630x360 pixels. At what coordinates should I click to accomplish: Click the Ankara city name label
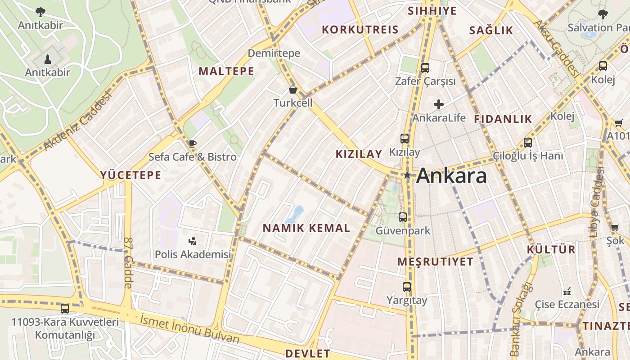click(x=451, y=175)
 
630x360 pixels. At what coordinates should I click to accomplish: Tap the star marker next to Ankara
click(x=407, y=175)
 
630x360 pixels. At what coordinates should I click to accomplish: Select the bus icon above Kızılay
click(x=405, y=139)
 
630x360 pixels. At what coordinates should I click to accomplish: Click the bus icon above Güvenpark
click(x=403, y=217)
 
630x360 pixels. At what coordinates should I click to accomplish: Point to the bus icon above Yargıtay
click(x=407, y=287)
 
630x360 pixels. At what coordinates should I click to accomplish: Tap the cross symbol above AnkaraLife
click(x=439, y=105)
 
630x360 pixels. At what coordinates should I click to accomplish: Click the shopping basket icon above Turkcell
click(x=293, y=90)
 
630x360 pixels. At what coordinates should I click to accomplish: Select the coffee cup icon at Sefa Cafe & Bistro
click(x=193, y=144)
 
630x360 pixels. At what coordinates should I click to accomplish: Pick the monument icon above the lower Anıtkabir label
click(x=48, y=59)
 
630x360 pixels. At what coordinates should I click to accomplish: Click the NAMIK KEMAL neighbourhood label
click(x=306, y=228)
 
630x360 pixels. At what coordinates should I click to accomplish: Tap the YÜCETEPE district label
click(x=130, y=175)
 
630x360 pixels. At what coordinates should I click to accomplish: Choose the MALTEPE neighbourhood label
click(x=226, y=71)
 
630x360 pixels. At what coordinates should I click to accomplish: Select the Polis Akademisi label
click(x=193, y=254)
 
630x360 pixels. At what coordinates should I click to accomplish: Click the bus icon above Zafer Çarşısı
click(x=425, y=68)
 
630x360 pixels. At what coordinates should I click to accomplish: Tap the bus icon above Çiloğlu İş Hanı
click(x=527, y=143)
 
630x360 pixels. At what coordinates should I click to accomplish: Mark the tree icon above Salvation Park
click(x=603, y=14)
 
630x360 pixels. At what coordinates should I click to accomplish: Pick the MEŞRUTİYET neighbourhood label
click(x=436, y=261)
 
